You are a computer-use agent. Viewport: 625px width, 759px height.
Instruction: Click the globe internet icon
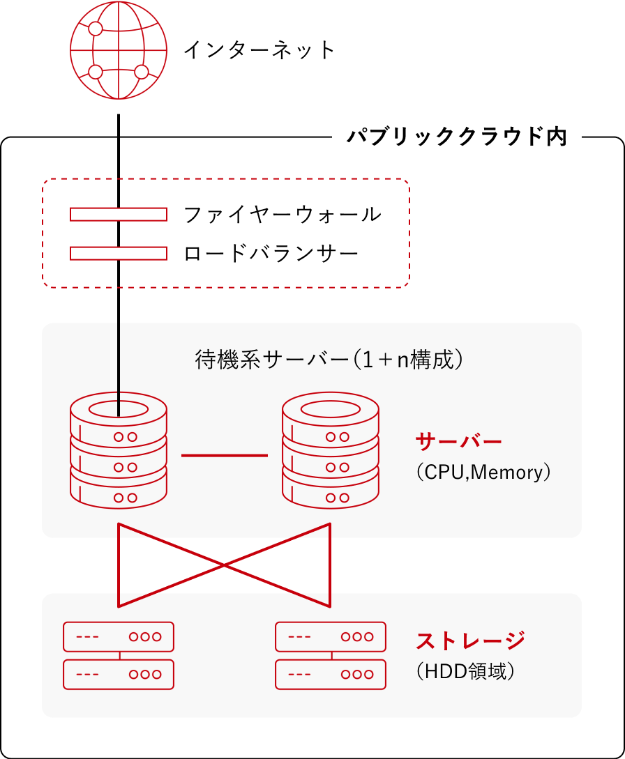[119, 50]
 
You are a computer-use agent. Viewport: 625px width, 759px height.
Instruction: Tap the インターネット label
[259, 50]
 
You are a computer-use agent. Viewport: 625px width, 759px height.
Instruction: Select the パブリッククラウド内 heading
[457, 137]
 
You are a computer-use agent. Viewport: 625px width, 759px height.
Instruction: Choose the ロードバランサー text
[271, 254]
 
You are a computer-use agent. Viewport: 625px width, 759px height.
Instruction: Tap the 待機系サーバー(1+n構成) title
[329, 360]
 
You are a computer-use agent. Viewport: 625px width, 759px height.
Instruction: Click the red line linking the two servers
[225, 456]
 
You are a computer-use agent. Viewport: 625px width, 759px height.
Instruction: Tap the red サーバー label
[459, 442]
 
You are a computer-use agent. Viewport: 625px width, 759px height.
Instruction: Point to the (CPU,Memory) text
[483, 472]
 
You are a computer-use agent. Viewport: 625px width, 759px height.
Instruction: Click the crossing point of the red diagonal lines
[225, 565]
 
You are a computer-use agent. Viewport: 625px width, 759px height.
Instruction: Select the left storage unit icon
[119, 655]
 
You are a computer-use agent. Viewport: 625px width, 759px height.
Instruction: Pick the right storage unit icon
[331, 655]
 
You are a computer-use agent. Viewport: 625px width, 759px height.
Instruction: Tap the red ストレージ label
[470, 641]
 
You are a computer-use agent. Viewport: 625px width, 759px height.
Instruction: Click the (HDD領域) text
[465, 671]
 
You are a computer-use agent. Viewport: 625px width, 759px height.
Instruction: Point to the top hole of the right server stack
[331, 410]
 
